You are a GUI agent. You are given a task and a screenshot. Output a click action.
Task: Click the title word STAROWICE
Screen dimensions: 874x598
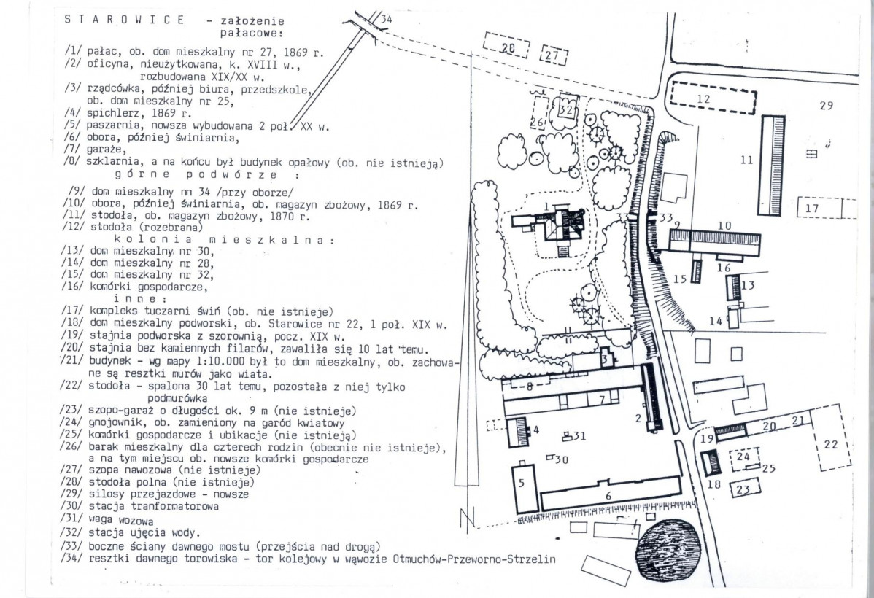tap(124, 20)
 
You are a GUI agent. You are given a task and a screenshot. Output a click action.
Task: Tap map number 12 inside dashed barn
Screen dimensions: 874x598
tap(703, 98)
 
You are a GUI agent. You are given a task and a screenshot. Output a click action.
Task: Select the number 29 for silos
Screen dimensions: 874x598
tap(826, 105)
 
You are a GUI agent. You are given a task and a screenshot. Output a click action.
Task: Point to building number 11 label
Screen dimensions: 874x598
tap(746, 160)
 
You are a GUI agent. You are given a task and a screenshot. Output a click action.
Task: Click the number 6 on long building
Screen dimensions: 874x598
tap(608, 495)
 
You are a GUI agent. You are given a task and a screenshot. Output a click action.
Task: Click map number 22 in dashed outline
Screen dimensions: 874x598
tap(830, 445)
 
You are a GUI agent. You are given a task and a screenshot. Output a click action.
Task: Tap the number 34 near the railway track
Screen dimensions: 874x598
tap(386, 19)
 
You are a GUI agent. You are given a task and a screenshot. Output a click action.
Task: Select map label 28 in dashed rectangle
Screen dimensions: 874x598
tap(507, 48)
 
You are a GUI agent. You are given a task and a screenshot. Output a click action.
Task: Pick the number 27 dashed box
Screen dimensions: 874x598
tap(553, 55)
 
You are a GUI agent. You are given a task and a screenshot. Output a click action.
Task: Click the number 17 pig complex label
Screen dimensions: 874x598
tap(812, 209)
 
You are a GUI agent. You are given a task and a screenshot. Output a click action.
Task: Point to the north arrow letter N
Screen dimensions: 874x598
tap(467, 518)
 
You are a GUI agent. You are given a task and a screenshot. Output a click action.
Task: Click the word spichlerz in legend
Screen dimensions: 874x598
tap(110, 114)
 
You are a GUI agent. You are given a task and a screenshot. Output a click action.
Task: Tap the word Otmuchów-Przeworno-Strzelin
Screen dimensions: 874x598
tap(474, 559)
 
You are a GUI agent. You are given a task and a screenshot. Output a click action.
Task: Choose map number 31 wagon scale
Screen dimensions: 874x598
tap(579, 436)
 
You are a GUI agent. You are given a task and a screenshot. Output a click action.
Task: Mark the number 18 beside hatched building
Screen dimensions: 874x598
tap(714, 484)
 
